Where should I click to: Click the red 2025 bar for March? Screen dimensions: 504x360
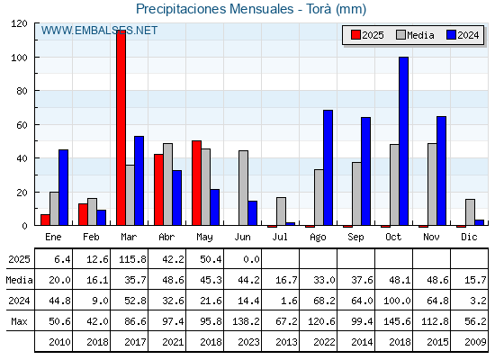pyautogui.click(x=121, y=128)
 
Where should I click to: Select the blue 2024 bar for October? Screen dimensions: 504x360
pyautogui.click(x=404, y=141)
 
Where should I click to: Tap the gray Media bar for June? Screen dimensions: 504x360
pyautogui.click(x=243, y=188)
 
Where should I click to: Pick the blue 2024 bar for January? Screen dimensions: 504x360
pyautogui.click(x=63, y=187)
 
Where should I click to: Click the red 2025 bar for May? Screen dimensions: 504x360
pyautogui.click(x=197, y=183)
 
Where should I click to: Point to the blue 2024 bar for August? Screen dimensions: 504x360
pyautogui.click(x=328, y=167)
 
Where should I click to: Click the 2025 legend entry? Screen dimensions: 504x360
pyautogui.click(x=367, y=35)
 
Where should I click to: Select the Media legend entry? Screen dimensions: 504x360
pyautogui.click(x=415, y=35)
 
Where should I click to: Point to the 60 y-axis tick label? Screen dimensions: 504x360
pyautogui.click(x=22, y=125)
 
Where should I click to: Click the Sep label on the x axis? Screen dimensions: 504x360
pyautogui.click(x=355, y=238)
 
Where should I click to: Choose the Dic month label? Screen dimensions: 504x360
pyautogui.click(x=469, y=237)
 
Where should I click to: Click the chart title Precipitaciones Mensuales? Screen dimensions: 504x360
pyautogui.click(x=215, y=9)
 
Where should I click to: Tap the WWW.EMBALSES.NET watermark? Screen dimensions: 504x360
pyautogui.click(x=99, y=31)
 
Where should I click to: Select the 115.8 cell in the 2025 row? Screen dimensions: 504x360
pyautogui.click(x=132, y=259)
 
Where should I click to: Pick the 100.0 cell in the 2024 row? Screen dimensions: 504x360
pyautogui.click(x=397, y=301)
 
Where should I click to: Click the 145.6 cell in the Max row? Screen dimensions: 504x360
pyautogui.click(x=397, y=321)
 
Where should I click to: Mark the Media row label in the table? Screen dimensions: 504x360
pyautogui.click(x=19, y=280)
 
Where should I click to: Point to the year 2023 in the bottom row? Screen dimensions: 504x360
pyautogui.click(x=248, y=342)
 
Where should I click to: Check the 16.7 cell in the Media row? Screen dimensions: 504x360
pyautogui.click(x=286, y=280)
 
